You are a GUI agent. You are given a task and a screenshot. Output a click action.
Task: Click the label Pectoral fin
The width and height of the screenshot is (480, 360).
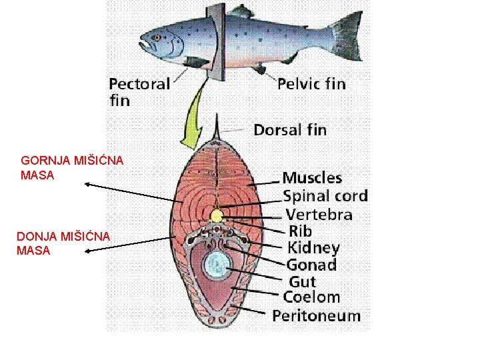[x=139, y=91]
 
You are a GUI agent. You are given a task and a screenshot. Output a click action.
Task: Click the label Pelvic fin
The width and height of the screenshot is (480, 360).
[x=311, y=83]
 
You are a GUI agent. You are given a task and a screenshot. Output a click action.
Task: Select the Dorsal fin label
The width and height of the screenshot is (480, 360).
[x=290, y=129]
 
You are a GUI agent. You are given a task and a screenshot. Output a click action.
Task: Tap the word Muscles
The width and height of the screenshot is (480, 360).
[x=312, y=178]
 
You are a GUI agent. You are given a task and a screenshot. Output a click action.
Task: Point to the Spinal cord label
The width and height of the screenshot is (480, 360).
[x=325, y=196]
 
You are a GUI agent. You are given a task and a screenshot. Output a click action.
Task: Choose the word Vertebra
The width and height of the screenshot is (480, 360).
[x=319, y=215]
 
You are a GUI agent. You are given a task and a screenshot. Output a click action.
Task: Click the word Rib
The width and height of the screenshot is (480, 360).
[x=299, y=231]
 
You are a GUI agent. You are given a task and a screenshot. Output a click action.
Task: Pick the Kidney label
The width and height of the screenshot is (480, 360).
[x=313, y=248]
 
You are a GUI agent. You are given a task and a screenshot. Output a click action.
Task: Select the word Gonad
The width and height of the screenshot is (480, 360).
[x=311, y=265]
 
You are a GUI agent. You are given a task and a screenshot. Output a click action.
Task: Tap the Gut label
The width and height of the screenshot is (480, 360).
[x=302, y=281]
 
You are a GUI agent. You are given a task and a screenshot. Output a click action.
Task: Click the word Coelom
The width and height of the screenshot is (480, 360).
[x=311, y=297]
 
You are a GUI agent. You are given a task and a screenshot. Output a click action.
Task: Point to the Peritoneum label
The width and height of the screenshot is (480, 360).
[x=316, y=316]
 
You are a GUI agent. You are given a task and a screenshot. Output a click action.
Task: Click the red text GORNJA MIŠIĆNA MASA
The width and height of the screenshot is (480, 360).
[x=63, y=167]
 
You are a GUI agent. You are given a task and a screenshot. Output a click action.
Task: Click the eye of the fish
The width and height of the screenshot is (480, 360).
[x=157, y=37]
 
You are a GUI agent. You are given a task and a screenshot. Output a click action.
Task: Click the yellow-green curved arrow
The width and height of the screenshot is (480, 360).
[x=193, y=121]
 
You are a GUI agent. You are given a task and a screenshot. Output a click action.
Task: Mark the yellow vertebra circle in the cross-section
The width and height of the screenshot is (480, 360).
[x=217, y=215]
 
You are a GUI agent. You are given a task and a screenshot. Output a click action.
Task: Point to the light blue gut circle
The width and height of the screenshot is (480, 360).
[x=216, y=267]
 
